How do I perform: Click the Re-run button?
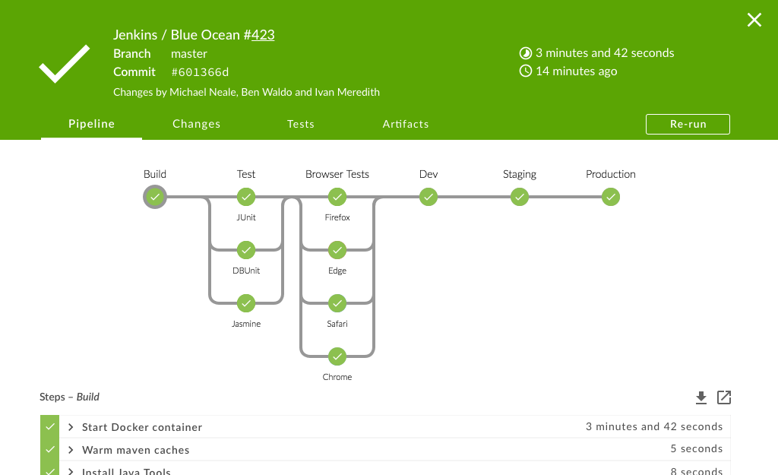(x=688, y=124)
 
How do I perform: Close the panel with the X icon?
(x=754, y=21)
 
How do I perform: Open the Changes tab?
(x=196, y=124)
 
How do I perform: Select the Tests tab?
(x=301, y=124)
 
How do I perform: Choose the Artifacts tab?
(x=406, y=124)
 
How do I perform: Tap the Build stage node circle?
(x=155, y=198)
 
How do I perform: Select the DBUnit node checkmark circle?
(x=245, y=251)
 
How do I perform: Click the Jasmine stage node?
(x=245, y=304)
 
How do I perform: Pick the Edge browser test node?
(x=337, y=251)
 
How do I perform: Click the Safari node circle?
(x=337, y=304)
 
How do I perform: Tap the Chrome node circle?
(x=337, y=356)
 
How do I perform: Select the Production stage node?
(x=611, y=198)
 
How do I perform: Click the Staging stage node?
(x=520, y=198)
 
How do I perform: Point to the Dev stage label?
(x=429, y=174)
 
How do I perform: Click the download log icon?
(x=701, y=397)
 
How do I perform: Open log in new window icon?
(x=724, y=397)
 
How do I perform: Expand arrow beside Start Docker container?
(x=70, y=427)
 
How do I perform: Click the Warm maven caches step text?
(x=136, y=450)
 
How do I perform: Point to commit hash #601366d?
(x=200, y=72)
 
